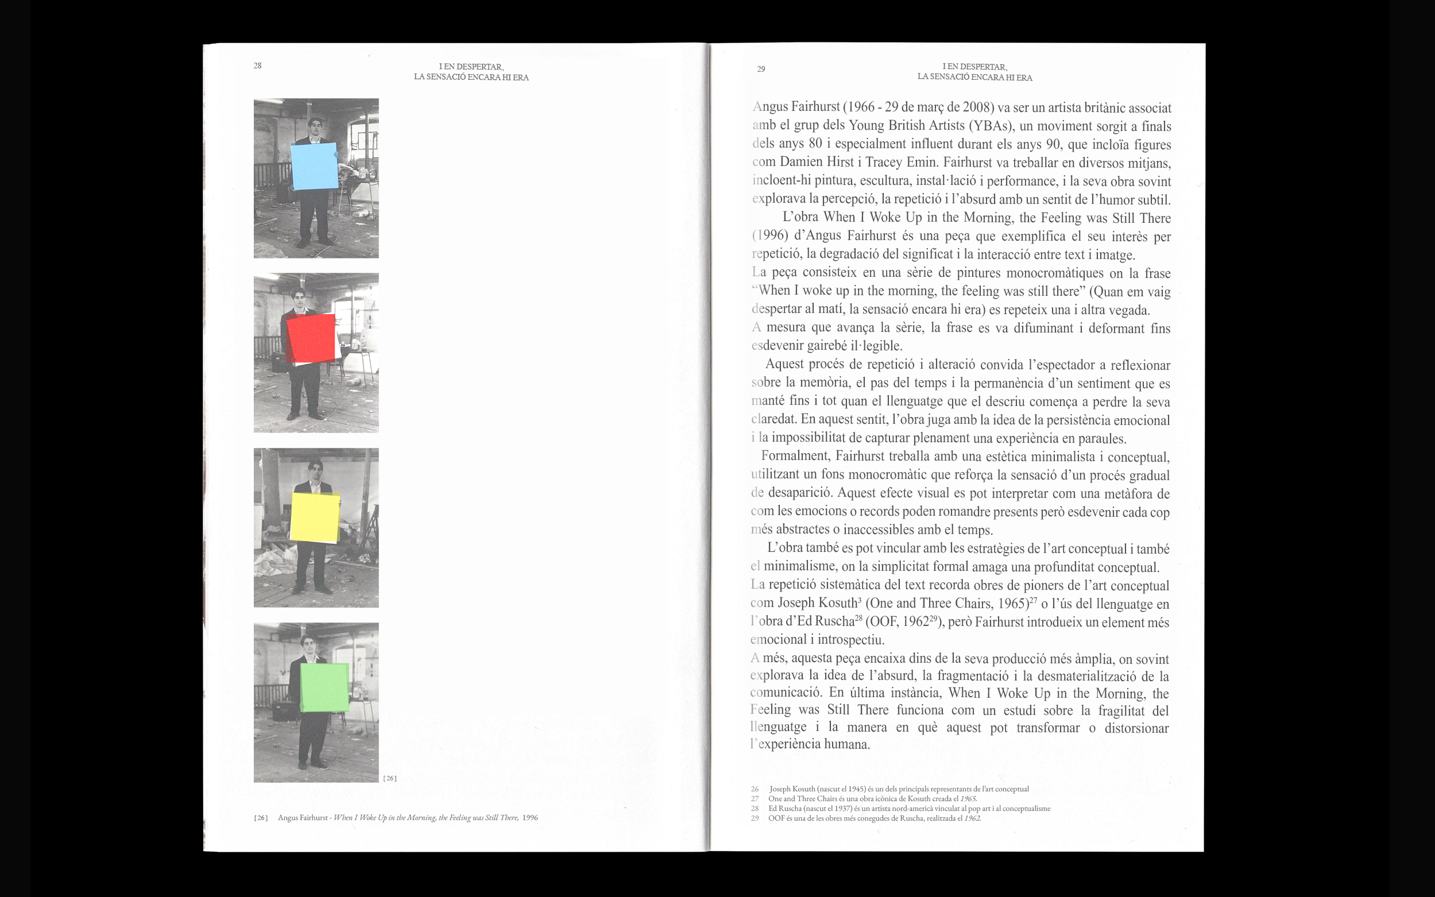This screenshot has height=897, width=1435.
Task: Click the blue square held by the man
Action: [x=315, y=166]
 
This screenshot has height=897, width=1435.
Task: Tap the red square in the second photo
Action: [x=311, y=338]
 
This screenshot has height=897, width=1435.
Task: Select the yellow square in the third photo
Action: [x=315, y=518]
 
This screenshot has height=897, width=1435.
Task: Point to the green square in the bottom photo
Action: [x=324, y=687]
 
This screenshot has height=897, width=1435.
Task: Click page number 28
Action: [x=257, y=66]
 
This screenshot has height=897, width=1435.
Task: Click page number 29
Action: [x=761, y=69]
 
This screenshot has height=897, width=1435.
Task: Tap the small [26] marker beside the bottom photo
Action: [x=390, y=778]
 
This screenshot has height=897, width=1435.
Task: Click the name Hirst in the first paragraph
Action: [x=837, y=162]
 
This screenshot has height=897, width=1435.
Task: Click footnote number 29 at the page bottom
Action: [x=755, y=818]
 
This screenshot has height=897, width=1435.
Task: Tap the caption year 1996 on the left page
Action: [x=530, y=818]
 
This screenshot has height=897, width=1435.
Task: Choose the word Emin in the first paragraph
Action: [x=921, y=162]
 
